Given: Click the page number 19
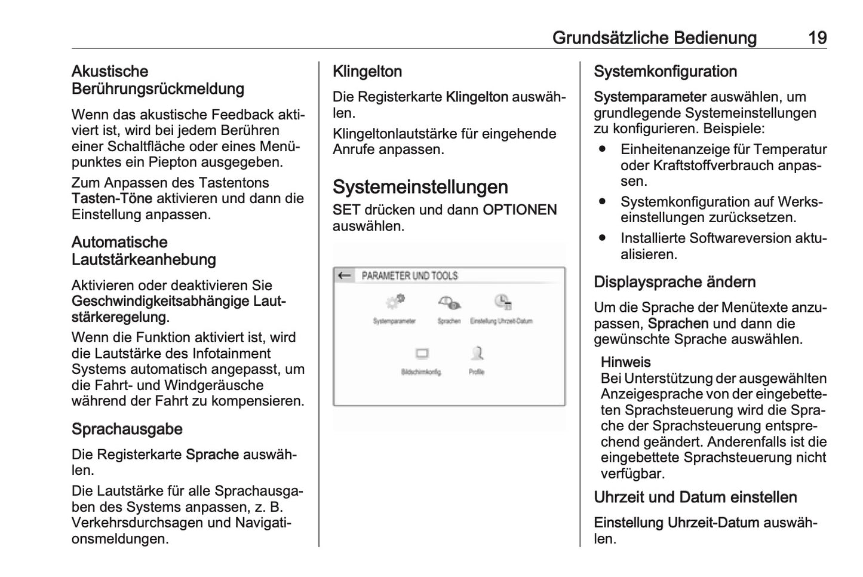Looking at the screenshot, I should pyautogui.click(x=817, y=38).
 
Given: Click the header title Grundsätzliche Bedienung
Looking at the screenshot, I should pyautogui.click(x=654, y=38).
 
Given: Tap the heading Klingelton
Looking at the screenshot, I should pyautogui.click(x=367, y=72).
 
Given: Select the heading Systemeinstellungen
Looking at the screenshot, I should pyautogui.click(x=420, y=187).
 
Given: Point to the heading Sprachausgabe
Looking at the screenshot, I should pyautogui.click(x=127, y=429).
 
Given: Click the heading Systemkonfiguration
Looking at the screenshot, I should pyautogui.click(x=665, y=72).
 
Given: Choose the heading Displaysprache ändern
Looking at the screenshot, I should pyautogui.click(x=674, y=282).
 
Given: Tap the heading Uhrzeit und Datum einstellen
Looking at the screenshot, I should pyautogui.click(x=695, y=498).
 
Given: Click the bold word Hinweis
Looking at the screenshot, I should pyautogui.click(x=625, y=362).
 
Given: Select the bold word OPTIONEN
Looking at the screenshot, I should pyautogui.click(x=520, y=210).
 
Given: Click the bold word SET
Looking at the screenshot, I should pyautogui.click(x=346, y=210).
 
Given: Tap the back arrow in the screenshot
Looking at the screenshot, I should pyautogui.click(x=344, y=275).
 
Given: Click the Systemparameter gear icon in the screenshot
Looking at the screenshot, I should pyautogui.click(x=395, y=302).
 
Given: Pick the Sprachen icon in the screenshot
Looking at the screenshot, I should pyautogui.click(x=449, y=302).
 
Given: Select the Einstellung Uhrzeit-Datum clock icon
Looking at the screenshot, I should pyautogui.click(x=502, y=302).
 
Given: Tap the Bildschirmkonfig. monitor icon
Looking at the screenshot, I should pyautogui.click(x=422, y=354).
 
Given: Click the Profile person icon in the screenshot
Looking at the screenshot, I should pyautogui.click(x=477, y=353).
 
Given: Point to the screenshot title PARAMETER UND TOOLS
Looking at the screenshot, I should pyautogui.click(x=410, y=276).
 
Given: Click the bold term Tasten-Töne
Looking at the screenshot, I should pyautogui.click(x=112, y=199).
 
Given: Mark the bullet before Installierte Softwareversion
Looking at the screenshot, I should pyautogui.click(x=603, y=238).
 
